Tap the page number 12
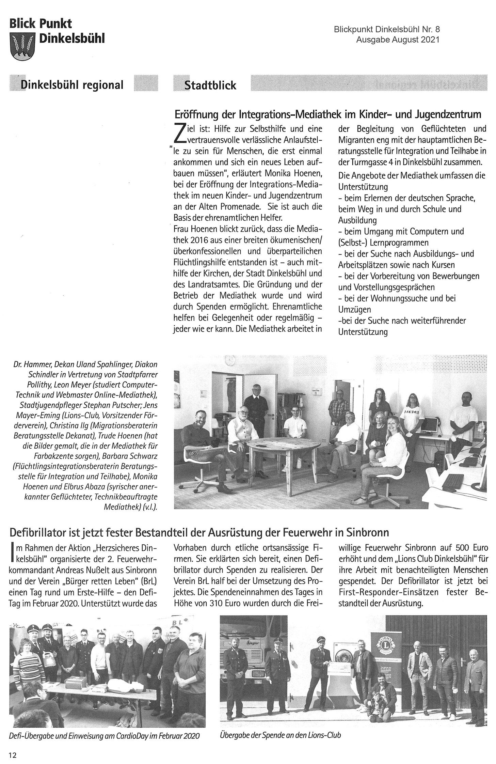tap(12, 755)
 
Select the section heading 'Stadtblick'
tap(210, 85)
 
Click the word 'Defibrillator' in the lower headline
tap(42, 532)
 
